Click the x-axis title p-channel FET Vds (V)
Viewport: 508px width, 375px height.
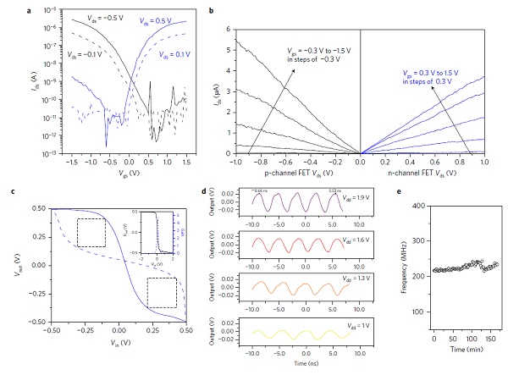pos(285,173)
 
